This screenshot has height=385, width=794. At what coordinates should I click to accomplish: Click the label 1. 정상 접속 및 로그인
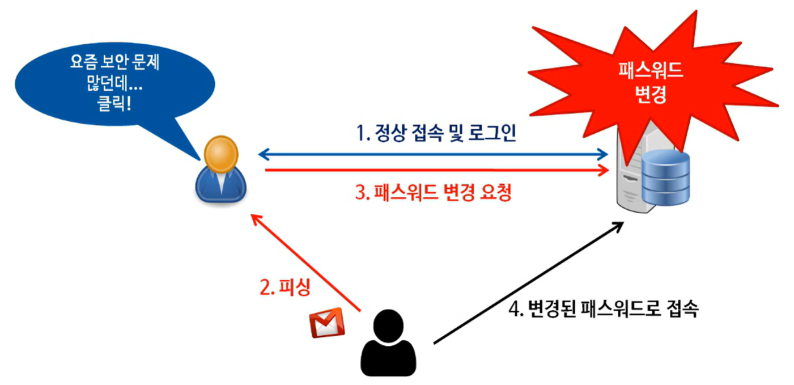435,134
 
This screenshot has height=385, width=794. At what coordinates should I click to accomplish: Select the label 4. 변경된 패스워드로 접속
604,310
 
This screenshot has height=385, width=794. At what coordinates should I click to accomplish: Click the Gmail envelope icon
326,323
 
